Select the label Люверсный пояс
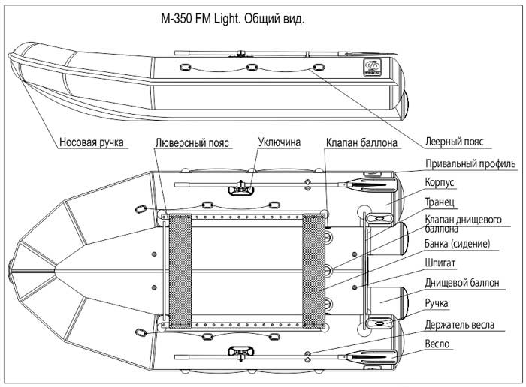(192, 141)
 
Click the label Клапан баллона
(361, 141)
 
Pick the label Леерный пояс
(453, 141)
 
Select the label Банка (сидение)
(458, 244)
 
